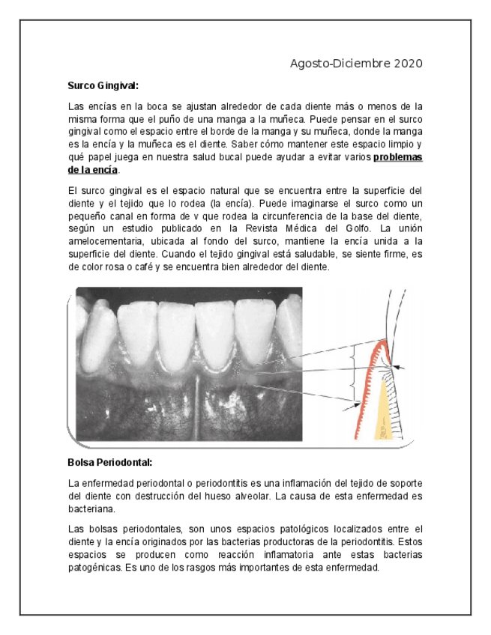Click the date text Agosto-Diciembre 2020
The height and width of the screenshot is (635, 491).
[356, 64]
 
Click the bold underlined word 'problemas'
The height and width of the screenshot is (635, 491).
[397, 157]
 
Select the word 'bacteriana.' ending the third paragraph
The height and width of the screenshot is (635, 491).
[91, 509]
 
